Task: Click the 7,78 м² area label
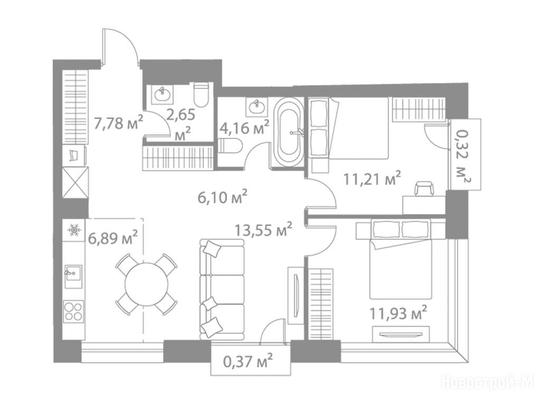[x=118, y=123]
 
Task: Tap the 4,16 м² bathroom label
[x=244, y=128]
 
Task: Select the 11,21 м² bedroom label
[x=372, y=179]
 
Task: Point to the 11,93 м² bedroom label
[x=398, y=313]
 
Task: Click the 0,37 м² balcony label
[x=248, y=362]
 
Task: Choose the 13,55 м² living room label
[x=263, y=229]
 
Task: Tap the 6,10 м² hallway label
[x=222, y=197]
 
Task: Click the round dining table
[x=146, y=284]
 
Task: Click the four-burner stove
[x=73, y=311]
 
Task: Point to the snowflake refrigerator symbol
[x=74, y=229]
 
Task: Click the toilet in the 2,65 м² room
[x=201, y=95]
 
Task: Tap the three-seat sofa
[x=222, y=290]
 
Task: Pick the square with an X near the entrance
[x=75, y=182]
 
